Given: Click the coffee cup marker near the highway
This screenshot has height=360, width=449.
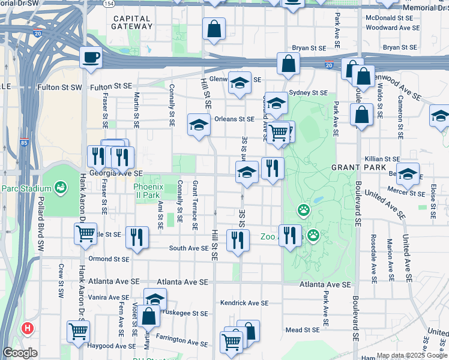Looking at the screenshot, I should click(x=91, y=58).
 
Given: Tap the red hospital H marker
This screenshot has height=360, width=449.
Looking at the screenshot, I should click(x=27, y=328).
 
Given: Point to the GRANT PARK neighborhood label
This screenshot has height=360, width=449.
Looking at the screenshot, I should click(x=354, y=167).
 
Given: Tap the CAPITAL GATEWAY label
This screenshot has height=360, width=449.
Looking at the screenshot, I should click(x=133, y=22).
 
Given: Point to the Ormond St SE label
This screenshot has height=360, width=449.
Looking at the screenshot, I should click(x=109, y=259).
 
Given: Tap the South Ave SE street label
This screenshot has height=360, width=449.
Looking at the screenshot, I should click(x=188, y=248).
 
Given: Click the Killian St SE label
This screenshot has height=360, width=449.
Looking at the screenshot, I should click(x=382, y=158).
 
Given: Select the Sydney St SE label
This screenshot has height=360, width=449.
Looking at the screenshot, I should click(x=309, y=93).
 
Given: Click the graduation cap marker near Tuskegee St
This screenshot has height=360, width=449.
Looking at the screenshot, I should click(x=155, y=299).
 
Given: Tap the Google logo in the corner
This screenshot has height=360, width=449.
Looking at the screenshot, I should click(x=20, y=353).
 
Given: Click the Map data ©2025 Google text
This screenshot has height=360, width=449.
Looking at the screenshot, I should click(x=411, y=355).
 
